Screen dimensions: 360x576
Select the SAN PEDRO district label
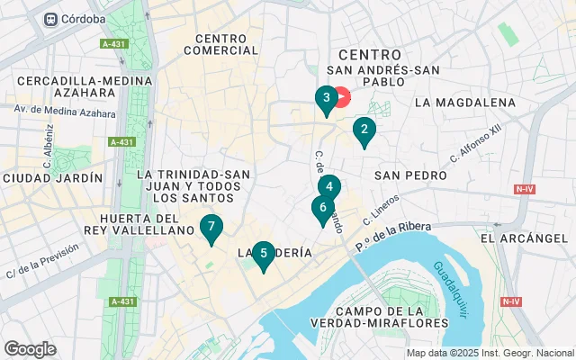(410, 175)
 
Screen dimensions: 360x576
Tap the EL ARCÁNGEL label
(523, 238)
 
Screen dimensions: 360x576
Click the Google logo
(30, 348)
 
